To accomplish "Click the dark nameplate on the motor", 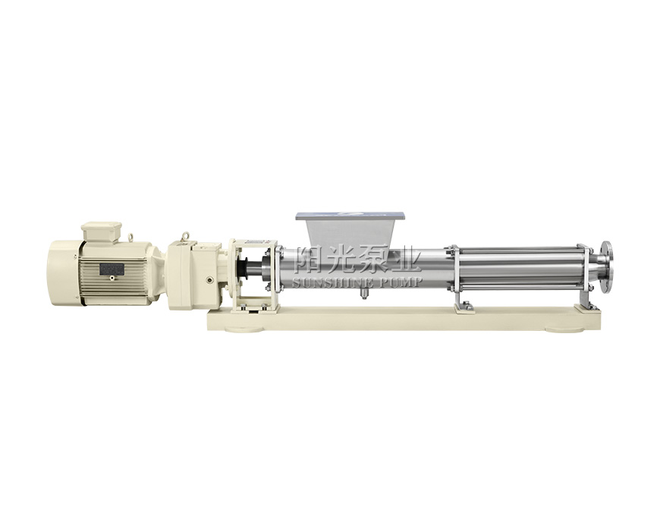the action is [x=112, y=269].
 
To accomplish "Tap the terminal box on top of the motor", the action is [x=102, y=232].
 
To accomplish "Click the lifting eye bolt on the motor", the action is [x=130, y=238].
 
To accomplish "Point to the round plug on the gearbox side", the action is [x=210, y=279].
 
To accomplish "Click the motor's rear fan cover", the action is [x=63, y=272].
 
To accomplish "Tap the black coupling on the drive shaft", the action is [x=244, y=269].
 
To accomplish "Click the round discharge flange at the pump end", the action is [x=607, y=268].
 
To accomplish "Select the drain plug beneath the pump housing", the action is [x=364, y=294].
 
